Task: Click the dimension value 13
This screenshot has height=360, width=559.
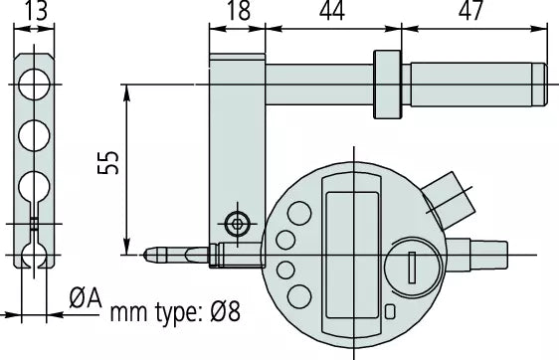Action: tap(34, 12)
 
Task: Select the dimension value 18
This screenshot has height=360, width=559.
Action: tap(238, 12)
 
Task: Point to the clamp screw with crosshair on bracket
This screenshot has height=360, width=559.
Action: tap(237, 223)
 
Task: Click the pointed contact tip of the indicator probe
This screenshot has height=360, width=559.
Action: tap(148, 256)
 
